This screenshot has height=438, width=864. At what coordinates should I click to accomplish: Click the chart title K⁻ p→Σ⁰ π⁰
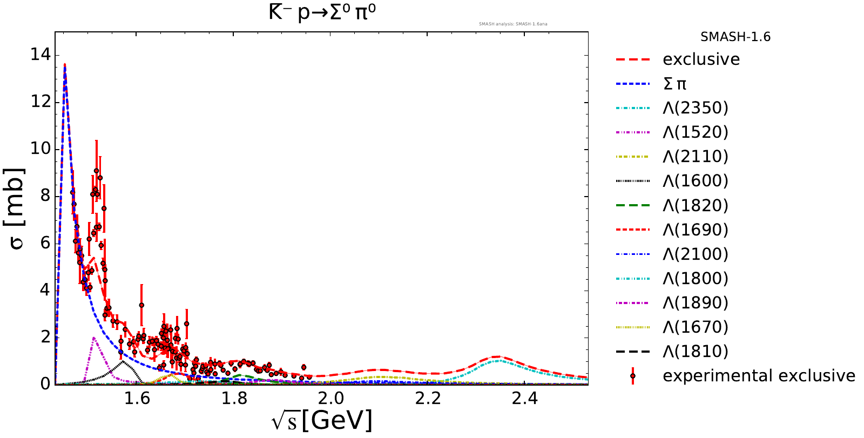pyautogui.click(x=322, y=12)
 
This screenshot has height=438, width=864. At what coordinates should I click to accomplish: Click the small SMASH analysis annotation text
pyautogui.click(x=513, y=24)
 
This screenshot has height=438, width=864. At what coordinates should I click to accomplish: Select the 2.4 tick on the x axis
pyautogui.click(x=525, y=399)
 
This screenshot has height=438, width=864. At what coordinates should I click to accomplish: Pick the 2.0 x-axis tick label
pyautogui.click(x=331, y=399)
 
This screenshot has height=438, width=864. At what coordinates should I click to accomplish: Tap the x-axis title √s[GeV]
pyautogui.click(x=322, y=420)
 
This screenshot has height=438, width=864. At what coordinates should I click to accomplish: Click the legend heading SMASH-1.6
pyautogui.click(x=735, y=37)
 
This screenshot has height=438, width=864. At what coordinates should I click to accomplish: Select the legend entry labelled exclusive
pyautogui.click(x=701, y=59)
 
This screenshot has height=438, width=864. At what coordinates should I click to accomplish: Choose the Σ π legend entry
pyautogui.click(x=674, y=84)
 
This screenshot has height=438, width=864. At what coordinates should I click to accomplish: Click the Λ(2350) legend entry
pyautogui.click(x=696, y=108)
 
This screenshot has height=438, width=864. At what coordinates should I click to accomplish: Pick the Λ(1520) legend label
pyautogui.click(x=696, y=132)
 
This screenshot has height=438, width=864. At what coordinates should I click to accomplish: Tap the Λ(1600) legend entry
pyautogui.click(x=696, y=181)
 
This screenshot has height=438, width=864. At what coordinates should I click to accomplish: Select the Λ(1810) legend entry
pyautogui.click(x=696, y=352)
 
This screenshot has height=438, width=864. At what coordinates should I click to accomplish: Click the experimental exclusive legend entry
pyautogui.click(x=759, y=376)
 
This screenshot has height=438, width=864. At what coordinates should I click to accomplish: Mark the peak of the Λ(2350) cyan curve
pyautogui.click(x=498, y=360)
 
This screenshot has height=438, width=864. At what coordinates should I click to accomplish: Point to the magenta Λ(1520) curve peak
pyautogui.click(x=94, y=338)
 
